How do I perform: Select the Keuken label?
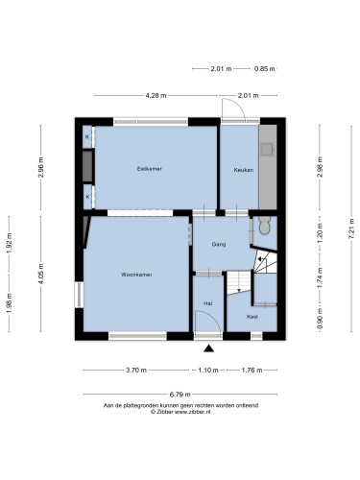click(244, 170)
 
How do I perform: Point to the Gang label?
click(219, 244)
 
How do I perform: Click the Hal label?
click(208, 303)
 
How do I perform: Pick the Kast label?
click(252, 317)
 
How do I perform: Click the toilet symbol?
click(265, 226)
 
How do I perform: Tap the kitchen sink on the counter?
click(267, 150)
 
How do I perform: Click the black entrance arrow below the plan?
click(208, 348)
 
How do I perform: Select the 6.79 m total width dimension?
click(180, 394)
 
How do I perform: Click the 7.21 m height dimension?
click(351, 228)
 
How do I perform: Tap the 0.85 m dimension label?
click(265, 68)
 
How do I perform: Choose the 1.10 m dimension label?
click(208, 371)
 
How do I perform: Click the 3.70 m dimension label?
click(136, 371)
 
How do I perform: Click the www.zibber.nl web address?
click(193, 412)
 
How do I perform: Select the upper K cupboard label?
click(87, 137)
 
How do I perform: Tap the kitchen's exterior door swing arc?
click(237, 103)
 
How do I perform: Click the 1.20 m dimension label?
click(320, 232)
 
